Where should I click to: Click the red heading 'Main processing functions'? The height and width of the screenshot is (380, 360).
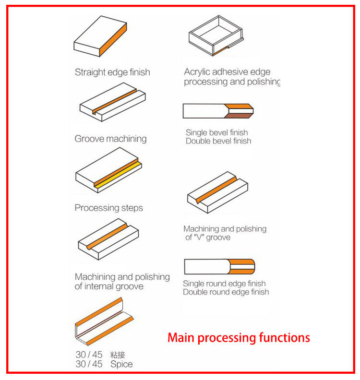[x=239, y=337]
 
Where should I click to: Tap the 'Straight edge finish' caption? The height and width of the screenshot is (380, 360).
[x=112, y=72]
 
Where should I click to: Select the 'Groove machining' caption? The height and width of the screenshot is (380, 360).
[x=110, y=139]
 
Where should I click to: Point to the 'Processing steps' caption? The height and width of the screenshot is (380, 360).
[x=108, y=208]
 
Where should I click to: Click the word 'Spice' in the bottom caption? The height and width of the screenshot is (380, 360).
[x=121, y=364]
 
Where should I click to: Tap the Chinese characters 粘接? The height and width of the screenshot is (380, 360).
[x=118, y=355]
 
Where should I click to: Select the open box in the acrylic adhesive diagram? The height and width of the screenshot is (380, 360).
[x=215, y=36]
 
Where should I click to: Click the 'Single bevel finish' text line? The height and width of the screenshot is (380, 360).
[x=216, y=132]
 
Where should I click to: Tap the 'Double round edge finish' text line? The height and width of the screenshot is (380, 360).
[x=226, y=292]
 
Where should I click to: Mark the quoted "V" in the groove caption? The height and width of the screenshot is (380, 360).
[x=198, y=237]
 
